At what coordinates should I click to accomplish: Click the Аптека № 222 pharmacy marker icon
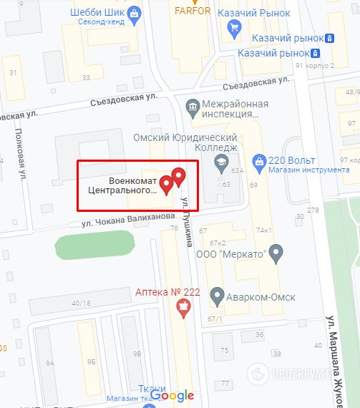click(x=184, y=308)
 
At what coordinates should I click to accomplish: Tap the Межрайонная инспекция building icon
click(x=192, y=107)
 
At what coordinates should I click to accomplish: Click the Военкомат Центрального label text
click(x=122, y=185)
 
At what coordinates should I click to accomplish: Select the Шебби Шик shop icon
click(x=135, y=13)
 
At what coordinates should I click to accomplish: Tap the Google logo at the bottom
click(x=172, y=395)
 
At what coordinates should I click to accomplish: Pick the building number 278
click(x=312, y=210)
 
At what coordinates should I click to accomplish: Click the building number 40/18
click(x=81, y=303)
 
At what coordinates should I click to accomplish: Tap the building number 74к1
click(x=265, y=230)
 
